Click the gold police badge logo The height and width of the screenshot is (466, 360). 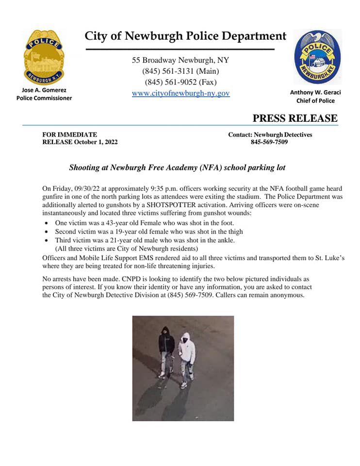(44, 57)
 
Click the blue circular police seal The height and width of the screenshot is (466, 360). (317, 57)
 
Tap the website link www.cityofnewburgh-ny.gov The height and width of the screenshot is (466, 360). (180, 93)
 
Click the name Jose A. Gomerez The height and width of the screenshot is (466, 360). (44, 90)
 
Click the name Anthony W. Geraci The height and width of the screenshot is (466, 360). (315, 92)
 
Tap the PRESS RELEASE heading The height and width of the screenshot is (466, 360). (295, 118)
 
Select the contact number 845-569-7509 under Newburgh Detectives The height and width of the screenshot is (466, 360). (269, 142)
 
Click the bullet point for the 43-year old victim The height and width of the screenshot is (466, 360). (46, 223)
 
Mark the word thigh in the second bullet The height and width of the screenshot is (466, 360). (233, 232)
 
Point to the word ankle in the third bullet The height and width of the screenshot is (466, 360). (225, 240)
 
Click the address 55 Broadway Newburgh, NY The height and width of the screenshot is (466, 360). (180, 60)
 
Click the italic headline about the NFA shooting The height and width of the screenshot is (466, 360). (177, 167)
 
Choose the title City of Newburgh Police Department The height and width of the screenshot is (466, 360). (185, 36)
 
